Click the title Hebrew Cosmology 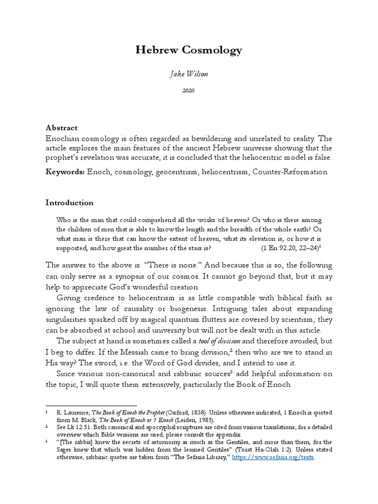coord(189,50)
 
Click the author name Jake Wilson coord(189,74)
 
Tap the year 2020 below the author coord(189,91)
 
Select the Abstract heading coord(62,127)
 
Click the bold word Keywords coord(65,172)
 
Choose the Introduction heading coord(69,202)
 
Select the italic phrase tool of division coord(220,341)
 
